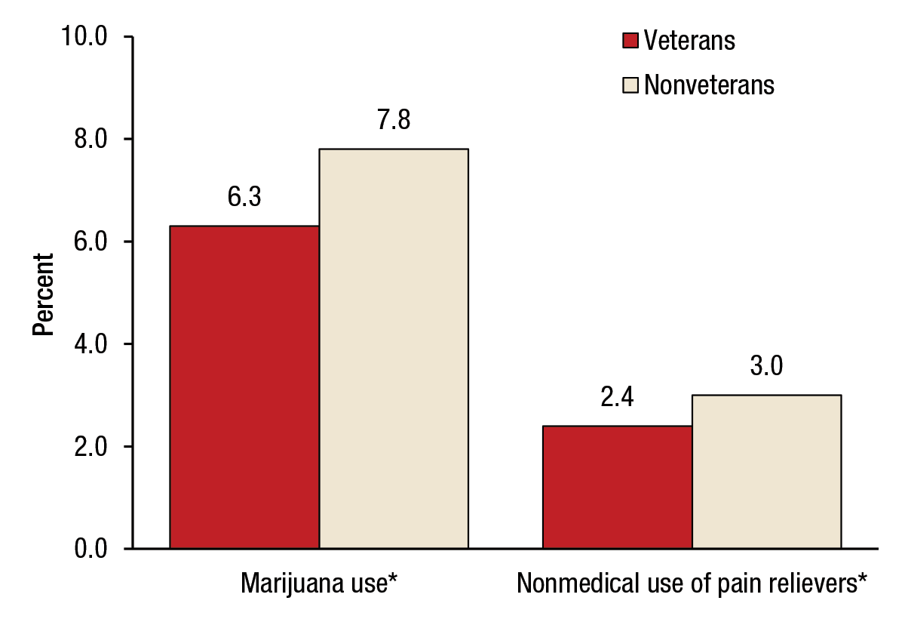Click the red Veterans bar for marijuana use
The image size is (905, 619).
[x=244, y=386]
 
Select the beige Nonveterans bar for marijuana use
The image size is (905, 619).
[x=393, y=348]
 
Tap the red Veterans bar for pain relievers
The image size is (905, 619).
[x=617, y=487]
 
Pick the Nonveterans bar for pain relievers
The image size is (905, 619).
[x=766, y=471]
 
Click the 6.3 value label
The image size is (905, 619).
[x=244, y=199]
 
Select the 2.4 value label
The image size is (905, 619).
[x=617, y=398]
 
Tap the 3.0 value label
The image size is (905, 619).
[x=767, y=367]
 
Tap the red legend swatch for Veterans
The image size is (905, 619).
[x=630, y=40]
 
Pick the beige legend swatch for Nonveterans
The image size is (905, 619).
[x=630, y=85]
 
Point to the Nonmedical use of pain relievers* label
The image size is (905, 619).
[x=691, y=584]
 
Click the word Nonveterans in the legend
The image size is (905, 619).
[x=709, y=85]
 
